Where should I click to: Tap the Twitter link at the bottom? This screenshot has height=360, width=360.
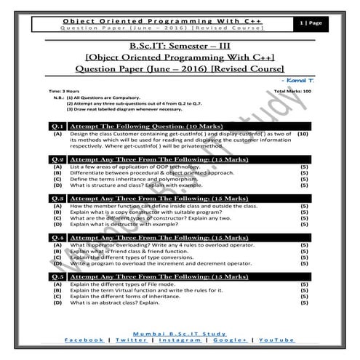pyautogui.click(x=129, y=340)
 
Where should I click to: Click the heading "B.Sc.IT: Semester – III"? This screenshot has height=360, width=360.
pyautogui.click(x=179, y=45)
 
